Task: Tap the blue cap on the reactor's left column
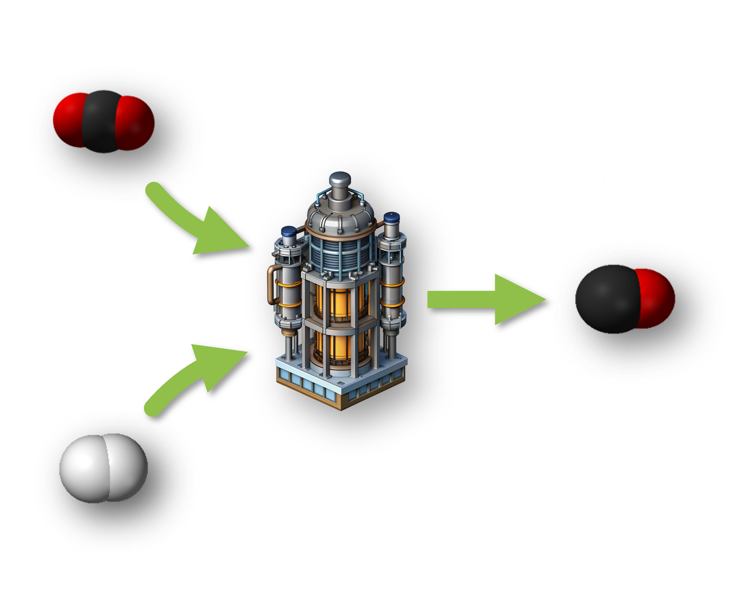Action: pyautogui.click(x=289, y=232)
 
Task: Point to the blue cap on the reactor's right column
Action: pyautogui.click(x=392, y=217)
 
